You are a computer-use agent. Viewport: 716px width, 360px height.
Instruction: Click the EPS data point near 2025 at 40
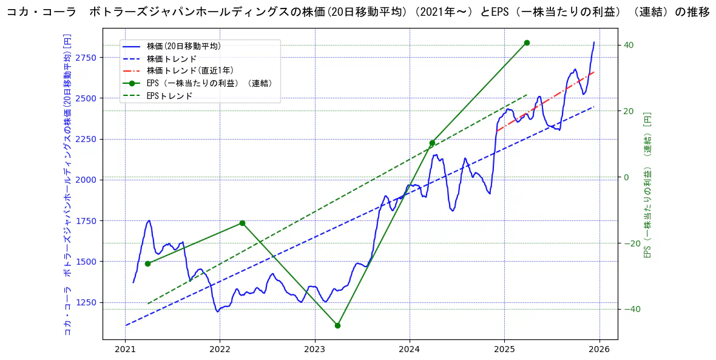(x=527, y=42)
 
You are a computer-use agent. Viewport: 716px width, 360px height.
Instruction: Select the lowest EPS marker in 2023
(x=337, y=325)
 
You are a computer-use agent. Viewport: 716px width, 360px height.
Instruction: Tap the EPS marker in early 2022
(x=242, y=223)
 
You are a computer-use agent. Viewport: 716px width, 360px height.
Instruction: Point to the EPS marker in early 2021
(x=147, y=263)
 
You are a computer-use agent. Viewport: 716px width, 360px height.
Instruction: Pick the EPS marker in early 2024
(x=432, y=143)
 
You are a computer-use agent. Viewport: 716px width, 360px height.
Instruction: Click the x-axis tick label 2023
(x=314, y=349)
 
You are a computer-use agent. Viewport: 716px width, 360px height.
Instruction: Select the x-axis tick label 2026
(x=599, y=349)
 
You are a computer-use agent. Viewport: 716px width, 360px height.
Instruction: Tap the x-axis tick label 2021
(x=125, y=349)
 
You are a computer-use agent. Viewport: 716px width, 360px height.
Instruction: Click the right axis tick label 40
(x=628, y=45)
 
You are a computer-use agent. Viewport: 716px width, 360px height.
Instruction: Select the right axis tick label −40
(x=631, y=309)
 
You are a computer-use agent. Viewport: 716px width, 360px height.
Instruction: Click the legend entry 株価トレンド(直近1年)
(x=190, y=71)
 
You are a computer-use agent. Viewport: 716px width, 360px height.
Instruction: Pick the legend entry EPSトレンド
(x=169, y=96)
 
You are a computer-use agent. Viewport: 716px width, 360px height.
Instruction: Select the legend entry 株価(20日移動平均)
(x=183, y=46)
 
